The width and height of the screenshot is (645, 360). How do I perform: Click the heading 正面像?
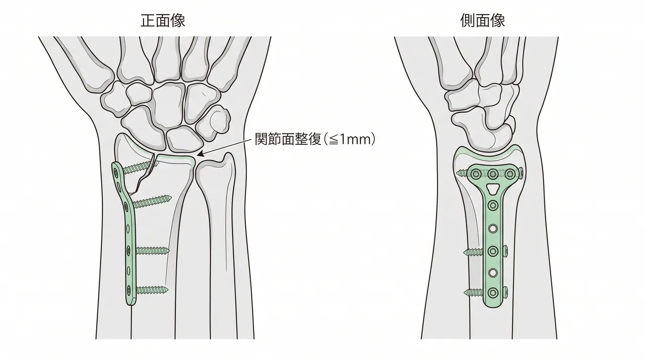163,21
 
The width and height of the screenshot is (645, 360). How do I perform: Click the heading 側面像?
483,21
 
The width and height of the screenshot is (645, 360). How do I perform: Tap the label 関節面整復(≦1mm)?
315,139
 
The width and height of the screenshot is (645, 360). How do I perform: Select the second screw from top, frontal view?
152,201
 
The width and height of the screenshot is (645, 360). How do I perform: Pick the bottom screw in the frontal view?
152,290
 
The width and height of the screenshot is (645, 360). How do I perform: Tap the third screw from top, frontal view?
152,251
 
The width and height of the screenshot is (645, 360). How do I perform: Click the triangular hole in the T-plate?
493,189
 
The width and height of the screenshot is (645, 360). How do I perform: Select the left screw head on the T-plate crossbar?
476,174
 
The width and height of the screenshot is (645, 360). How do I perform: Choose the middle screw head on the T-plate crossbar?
493,174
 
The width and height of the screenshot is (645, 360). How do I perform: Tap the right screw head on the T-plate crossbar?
510,174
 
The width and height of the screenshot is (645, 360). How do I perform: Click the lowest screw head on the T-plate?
493,293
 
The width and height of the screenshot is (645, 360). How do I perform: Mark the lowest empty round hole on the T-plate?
493,272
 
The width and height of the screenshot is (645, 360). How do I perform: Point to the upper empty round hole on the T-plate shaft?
493,229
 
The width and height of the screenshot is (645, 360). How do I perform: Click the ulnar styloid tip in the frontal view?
228,155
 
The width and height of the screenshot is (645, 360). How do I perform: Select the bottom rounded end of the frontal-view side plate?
131,302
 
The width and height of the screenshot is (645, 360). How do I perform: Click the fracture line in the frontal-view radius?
143,175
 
